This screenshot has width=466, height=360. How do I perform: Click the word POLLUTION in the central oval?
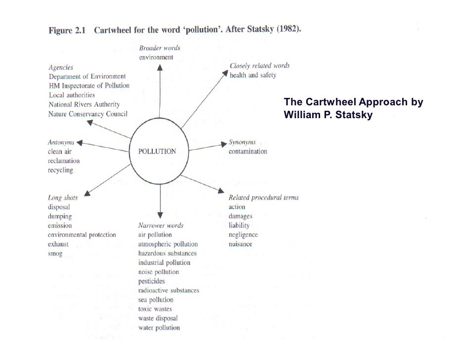pos(157,151)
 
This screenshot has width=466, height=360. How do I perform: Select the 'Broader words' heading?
pos(159,48)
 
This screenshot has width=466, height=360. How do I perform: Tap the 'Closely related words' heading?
pos(260,66)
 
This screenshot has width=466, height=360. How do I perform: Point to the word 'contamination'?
pos(248,151)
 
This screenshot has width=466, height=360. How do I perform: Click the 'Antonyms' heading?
pos(61,142)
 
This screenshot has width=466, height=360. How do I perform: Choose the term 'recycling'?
pos(60,170)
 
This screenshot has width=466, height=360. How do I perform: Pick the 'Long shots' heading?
pos(63,198)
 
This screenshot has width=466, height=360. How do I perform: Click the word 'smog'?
pos(55,254)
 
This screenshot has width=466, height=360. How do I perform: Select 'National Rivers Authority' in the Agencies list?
pos(84,104)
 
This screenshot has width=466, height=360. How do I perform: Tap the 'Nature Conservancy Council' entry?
pos(88,114)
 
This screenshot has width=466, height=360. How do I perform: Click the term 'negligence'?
pos(243,235)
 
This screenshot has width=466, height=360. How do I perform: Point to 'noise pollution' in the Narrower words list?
pos(158,272)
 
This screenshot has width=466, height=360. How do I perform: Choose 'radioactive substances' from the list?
pos(168,290)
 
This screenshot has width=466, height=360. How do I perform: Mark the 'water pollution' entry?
pos(159,327)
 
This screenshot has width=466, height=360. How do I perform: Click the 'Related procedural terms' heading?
pos(263,198)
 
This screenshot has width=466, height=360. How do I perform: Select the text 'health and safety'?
pos(253,75)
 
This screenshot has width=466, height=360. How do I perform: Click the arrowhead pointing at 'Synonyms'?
pos(224,144)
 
